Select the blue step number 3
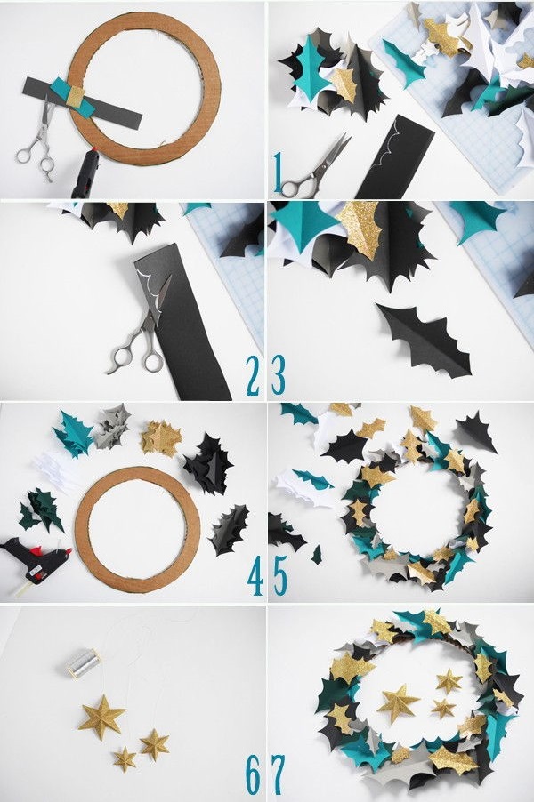[279, 376]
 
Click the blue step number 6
[254, 777]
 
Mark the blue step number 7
[279, 777]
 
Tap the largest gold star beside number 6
[101, 717]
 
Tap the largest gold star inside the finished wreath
[399, 702]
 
